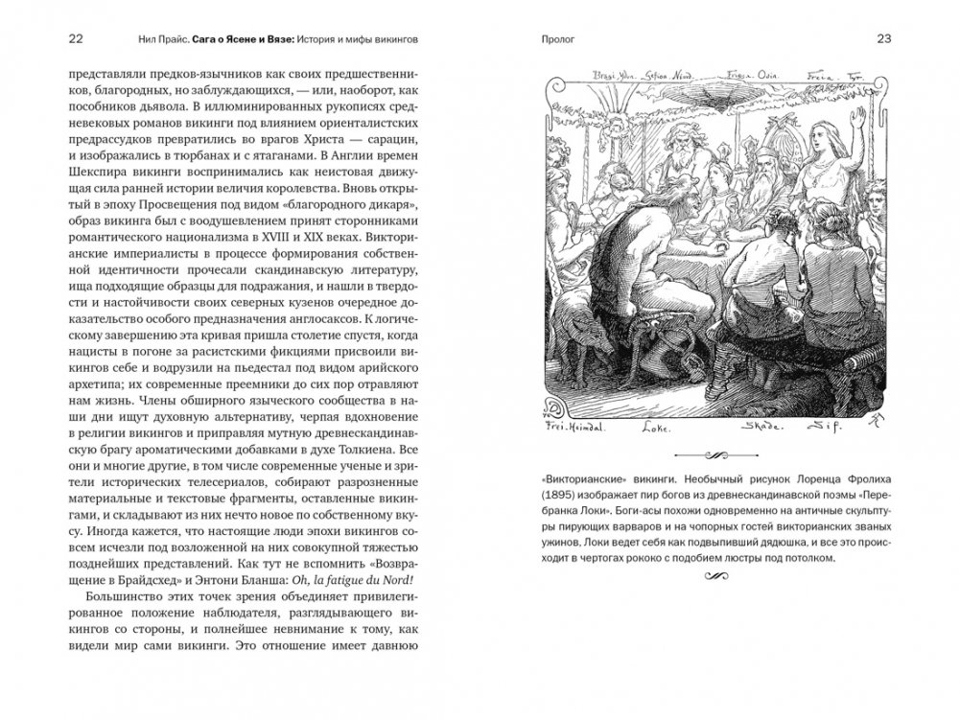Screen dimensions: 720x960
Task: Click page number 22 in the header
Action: click(77, 38)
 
